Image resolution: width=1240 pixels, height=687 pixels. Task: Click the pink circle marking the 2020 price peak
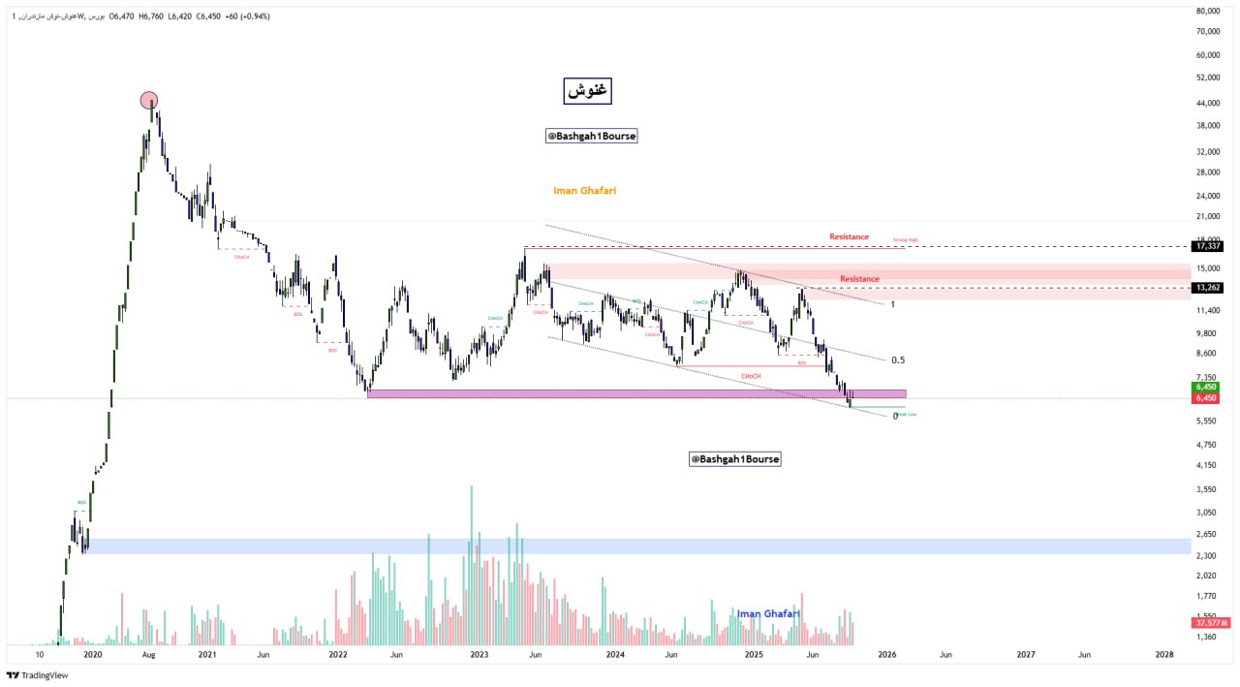(x=148, y=100)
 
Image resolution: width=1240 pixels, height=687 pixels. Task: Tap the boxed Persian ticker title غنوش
(x=588, y=90)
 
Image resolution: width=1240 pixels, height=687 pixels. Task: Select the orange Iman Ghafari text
(x=584, y=191)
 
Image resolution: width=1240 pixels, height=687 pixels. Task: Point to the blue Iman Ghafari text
(x=768, y=613)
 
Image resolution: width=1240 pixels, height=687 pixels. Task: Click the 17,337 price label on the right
(x=1207, y=246)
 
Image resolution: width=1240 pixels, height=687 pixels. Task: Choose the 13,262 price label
(x=1207, y=288)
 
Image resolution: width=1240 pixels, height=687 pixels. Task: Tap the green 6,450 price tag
(x=1206, y=387)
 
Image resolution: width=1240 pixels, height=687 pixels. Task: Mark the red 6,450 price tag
(x=1206, y=398)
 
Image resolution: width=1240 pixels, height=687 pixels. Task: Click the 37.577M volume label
(x=1212, y=623)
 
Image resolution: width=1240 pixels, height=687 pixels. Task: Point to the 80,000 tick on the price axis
(x=1207, y=12)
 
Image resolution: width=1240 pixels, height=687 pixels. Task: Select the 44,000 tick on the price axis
(x=1207, y=104)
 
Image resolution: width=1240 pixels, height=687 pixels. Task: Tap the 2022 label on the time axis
(x=338, y=655)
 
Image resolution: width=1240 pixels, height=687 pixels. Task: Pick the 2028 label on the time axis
(x=1164, y=655)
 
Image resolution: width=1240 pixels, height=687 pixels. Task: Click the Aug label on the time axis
(x=148, y=655)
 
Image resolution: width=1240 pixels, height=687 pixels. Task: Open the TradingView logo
(x=38, y=675)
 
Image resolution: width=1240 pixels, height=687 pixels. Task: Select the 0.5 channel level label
(x=898, y=360)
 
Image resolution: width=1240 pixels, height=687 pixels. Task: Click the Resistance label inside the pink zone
(x=859, y=279)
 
